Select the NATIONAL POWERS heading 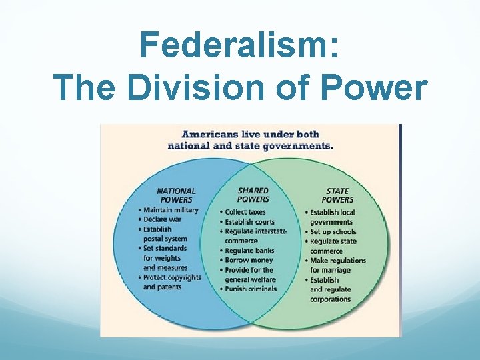tap(176, 195)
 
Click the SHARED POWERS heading tap(253, 195)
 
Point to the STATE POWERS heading tap(337, 195)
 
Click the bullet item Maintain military tap(171, 210)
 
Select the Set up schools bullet tap(333, 231)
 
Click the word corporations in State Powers tap(330, 299)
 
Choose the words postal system tap(165, 239)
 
